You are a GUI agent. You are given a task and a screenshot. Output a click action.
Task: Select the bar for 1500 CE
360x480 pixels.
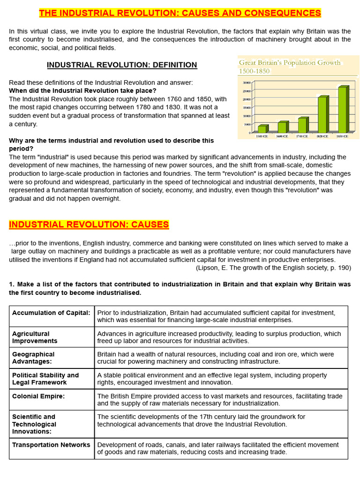pos(262,128)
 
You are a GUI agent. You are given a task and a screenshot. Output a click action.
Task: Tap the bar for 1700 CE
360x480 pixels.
pos(302,125)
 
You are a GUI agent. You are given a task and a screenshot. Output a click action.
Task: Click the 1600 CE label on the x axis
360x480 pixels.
pos(282,136)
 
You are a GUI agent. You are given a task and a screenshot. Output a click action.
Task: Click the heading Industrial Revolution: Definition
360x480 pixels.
pos(122,65)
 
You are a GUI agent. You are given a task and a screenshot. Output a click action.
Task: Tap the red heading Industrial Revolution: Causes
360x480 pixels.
pos(89,225)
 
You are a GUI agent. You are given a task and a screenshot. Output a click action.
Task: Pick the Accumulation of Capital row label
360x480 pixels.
pos(51,313)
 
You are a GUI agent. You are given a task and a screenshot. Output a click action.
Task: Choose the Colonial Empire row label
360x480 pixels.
pos(38,396)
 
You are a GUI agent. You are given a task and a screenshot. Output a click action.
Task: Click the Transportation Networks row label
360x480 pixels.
pos(51,445)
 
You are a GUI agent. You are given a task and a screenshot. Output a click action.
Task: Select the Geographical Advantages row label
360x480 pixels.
pos(33,358)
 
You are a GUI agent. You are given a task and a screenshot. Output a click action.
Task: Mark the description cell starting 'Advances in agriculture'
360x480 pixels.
pos(219,337)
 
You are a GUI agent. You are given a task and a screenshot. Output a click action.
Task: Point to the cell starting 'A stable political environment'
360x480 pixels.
pos(212,379)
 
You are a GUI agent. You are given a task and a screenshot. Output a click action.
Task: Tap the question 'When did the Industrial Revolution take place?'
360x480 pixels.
pos(83,90)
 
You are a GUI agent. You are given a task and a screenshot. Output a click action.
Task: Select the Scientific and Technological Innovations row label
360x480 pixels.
pos(34,424)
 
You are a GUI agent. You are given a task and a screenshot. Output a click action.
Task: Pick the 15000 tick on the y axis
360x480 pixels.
pos(246,107)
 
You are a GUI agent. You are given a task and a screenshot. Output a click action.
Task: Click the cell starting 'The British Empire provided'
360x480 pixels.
pos(219,399)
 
